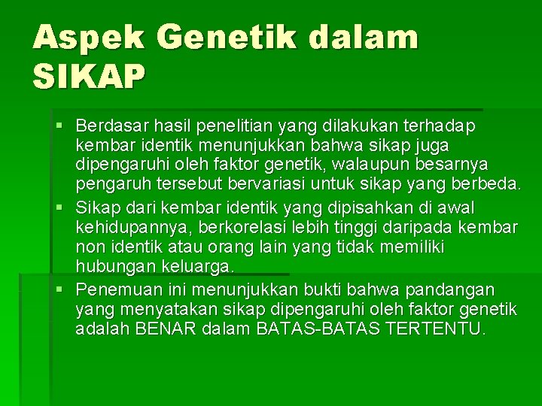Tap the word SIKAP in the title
(x=88, y=77)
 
